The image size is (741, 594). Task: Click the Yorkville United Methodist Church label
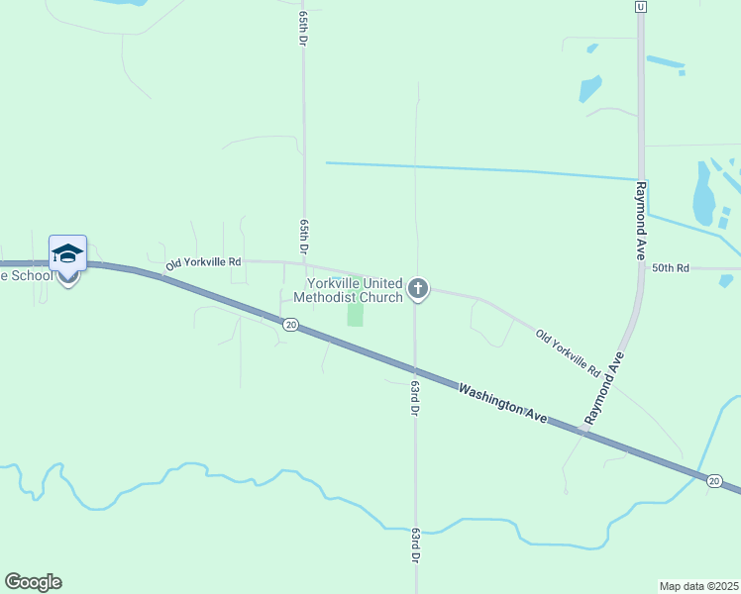click(x=349, y=290)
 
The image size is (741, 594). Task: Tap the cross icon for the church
click(x=418, y=289)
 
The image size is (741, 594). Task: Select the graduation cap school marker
click(x=67, y=253)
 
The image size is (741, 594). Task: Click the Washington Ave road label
click(x=502, y=404)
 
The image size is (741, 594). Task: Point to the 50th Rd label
click(x=669, y=268)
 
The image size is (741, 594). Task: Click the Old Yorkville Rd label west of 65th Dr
click(x=203, y=262)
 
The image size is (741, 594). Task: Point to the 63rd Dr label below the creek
click(x=415, y=545)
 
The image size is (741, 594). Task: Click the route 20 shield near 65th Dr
click(x=289, y=325)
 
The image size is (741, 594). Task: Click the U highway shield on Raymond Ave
click(x=641, y=7)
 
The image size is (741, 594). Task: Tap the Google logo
click(x=33, y=582)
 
